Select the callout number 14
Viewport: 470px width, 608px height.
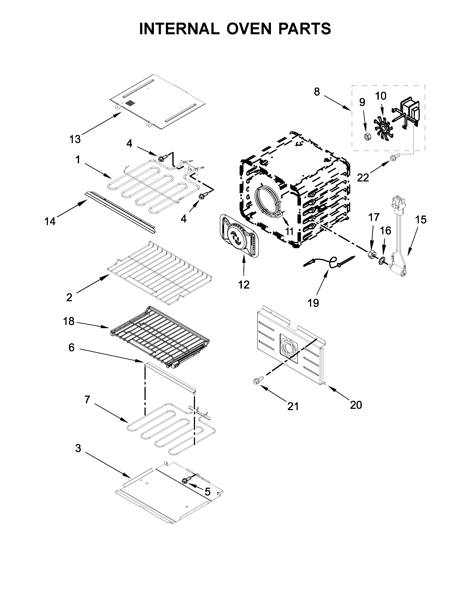50,222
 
